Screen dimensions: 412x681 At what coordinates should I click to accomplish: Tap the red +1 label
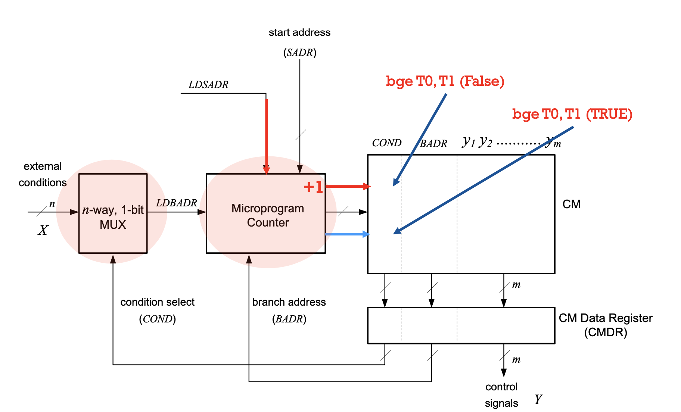click(313, 187)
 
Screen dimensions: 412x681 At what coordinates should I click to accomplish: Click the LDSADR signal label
click(208, 85)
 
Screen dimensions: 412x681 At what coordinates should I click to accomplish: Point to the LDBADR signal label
click(176, 203)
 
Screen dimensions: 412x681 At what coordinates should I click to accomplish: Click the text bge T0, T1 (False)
click(445, 81)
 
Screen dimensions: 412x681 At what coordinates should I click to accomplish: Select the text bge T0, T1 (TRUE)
click(572, 114)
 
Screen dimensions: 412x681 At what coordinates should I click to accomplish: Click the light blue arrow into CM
click(347, 234)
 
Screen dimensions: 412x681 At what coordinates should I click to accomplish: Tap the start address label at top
click(299, 32)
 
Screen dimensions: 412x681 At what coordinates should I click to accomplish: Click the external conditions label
click(43, 174)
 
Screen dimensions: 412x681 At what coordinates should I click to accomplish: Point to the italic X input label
click(43, 230)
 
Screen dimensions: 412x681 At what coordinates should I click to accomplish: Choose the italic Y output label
click(538, 400)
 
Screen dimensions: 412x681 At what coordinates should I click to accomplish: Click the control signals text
click(501, 395)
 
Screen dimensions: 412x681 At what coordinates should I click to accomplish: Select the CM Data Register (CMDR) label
click(606, 325)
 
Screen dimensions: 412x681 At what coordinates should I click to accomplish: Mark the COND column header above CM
click(387, 143)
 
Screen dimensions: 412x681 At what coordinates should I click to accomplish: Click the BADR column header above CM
click(433, 144)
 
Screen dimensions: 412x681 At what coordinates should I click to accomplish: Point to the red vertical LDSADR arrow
click(267, 134)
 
